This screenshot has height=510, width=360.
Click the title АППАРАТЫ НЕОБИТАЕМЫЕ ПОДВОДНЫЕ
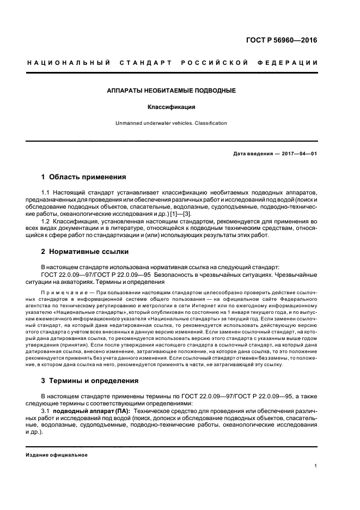tap(171, 90)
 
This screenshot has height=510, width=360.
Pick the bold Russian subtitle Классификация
tap(171, 107)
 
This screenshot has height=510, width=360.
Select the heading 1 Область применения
tap(84, 177)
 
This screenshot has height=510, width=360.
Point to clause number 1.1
tap(46, 193)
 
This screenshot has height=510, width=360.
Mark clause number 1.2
tap(46, 222)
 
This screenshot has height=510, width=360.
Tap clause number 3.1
tap(46, 410)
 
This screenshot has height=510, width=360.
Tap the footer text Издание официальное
tap(57, 454)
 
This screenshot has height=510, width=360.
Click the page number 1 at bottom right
tap(315, 466)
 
